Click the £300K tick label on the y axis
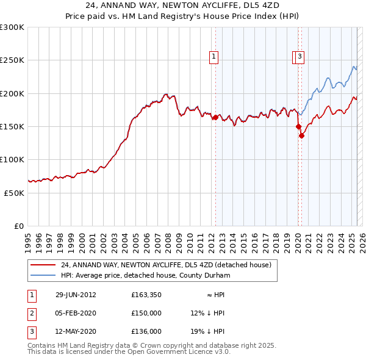tap(12, 27)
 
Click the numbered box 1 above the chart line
tap(214, 57)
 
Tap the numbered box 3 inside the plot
tap(301, 57)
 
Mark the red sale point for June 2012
tap(215, 117)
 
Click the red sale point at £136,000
tap(302, 135)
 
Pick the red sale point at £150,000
tap(299, 126)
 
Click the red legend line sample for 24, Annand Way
tap(43, 265)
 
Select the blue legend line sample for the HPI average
tap(43, 275)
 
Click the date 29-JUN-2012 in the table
tap(76, 295)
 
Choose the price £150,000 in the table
tap(146, 313)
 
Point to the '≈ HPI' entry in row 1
tap(215, 295)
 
